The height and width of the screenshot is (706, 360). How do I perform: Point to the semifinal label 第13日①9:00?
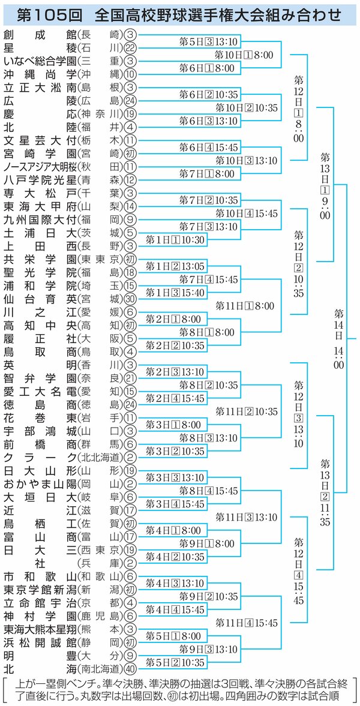tap(325, 185)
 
